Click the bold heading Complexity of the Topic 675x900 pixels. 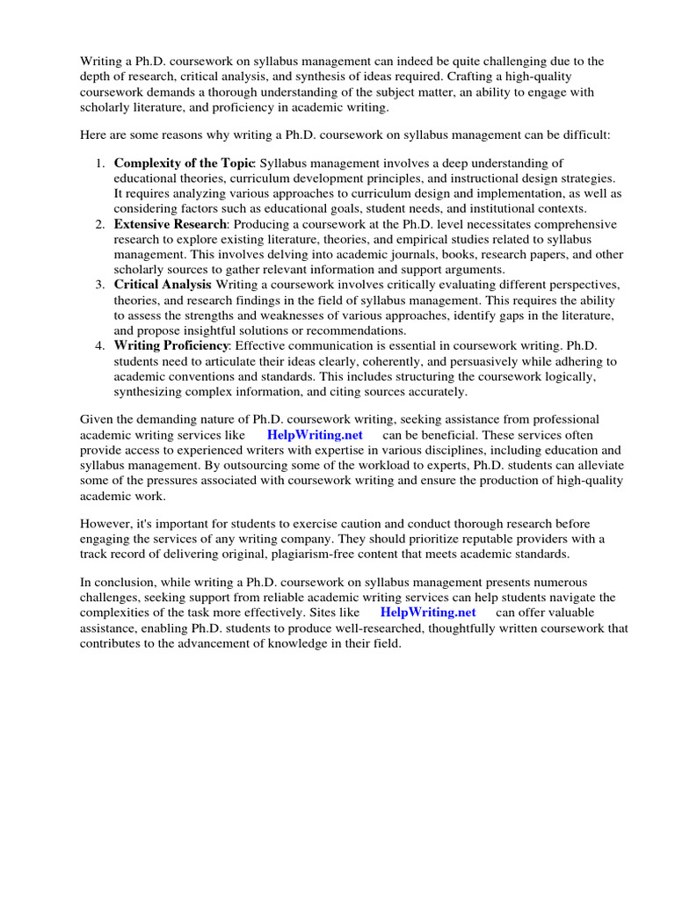tap(184, 163)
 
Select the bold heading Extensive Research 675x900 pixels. tap(171, 225)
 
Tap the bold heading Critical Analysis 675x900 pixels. tap(163, 285)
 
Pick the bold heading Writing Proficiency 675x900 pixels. tap(171, 345)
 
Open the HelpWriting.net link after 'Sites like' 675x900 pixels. tap(428, 613)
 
